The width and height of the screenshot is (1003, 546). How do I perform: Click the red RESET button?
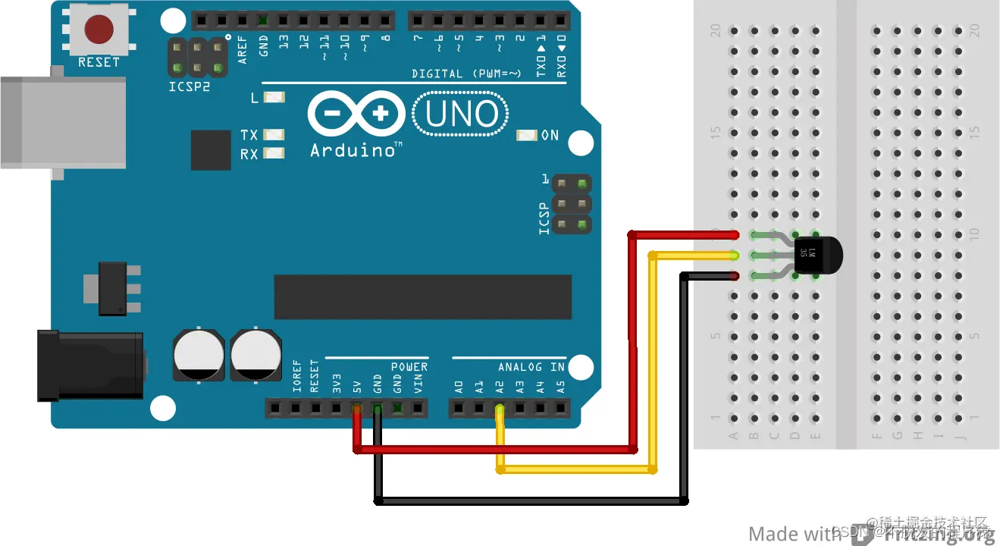point(99,30)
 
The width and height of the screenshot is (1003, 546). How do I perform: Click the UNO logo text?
point(461,115)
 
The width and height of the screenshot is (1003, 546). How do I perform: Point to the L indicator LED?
point(274,97)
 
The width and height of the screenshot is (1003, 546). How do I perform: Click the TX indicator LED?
point(274,135)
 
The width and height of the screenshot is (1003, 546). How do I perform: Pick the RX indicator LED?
point(274,154)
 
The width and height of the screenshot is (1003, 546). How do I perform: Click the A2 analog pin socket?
point(499,409)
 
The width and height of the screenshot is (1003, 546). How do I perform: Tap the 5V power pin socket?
point(356,409)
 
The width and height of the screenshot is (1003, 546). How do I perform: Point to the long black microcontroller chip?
point(422,297)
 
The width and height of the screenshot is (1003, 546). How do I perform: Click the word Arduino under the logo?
point(353,149)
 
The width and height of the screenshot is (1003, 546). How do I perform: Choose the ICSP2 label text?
point(190,86)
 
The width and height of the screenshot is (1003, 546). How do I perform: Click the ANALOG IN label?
point(531,367)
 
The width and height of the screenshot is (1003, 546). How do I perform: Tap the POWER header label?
point(409,367)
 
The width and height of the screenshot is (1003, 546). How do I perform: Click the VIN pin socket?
point(418,409)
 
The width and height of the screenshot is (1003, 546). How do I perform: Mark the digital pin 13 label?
point(284,42)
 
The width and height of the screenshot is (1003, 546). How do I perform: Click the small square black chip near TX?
point(211,150)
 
